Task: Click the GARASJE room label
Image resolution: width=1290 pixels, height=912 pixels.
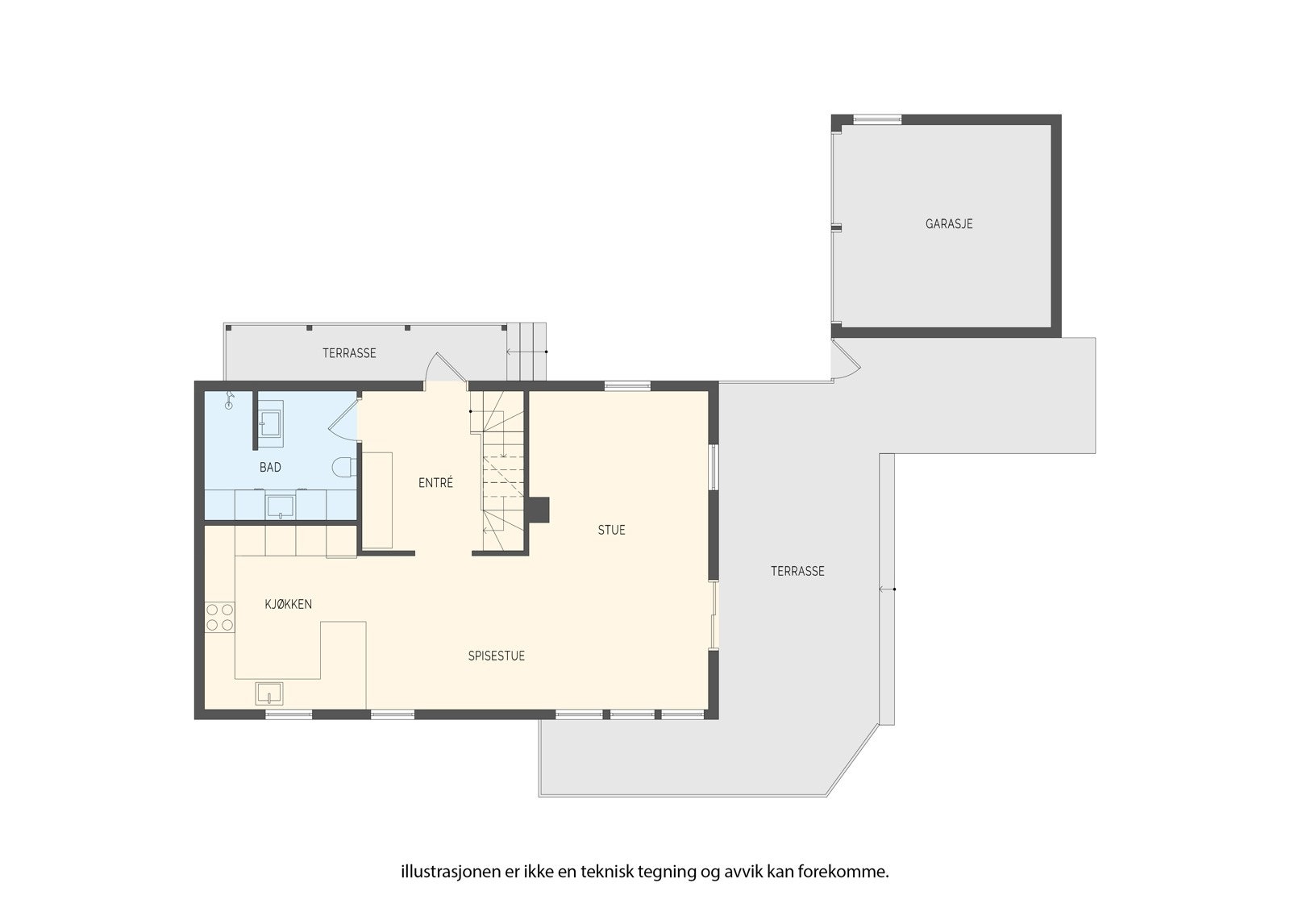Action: coord(949,224)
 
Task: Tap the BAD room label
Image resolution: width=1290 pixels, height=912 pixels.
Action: coord(270,468)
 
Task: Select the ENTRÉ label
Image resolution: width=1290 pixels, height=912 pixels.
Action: coord(435,483)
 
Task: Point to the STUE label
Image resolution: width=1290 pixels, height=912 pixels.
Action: coord(611,530)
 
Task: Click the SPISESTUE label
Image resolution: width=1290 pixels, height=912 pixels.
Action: coord(497,656)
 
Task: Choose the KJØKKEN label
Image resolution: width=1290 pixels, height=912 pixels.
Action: coord(289,604)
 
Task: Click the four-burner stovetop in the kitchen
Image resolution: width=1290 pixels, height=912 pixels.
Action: coord(219,617)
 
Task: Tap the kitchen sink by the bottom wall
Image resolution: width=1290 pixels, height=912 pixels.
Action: coord(269,693)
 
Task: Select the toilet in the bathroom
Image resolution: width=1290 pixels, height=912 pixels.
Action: coord(344,468)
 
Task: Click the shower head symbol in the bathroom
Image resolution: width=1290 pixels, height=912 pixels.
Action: coord(230,398)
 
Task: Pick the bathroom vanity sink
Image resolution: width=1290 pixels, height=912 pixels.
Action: coord(281,506)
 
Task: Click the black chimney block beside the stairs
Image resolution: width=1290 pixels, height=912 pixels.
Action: coord(539,509)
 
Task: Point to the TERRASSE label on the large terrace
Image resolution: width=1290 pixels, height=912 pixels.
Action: coord(797,571)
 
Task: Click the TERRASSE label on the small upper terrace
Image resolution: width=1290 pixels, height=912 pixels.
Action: coord(349,353)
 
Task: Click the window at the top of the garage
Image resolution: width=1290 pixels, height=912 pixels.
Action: coord(877,119)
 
